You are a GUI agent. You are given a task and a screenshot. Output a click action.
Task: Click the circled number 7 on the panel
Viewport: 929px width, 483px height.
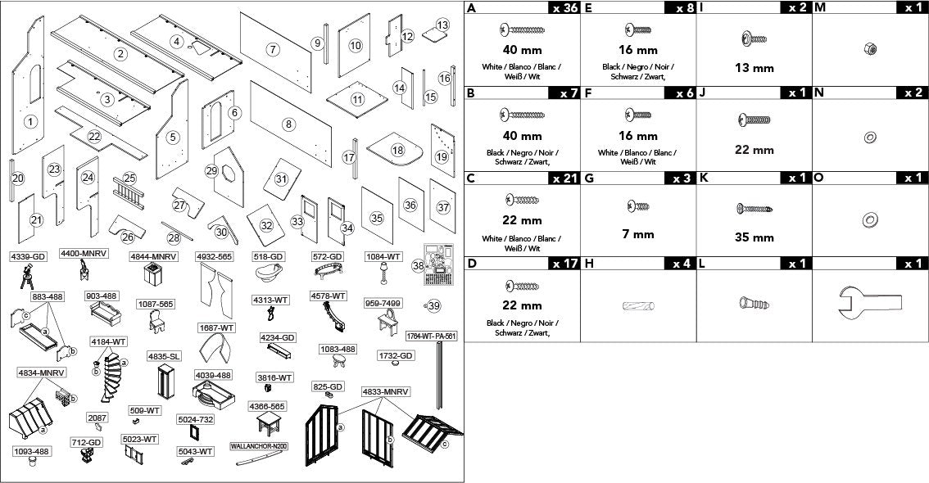[273, 50]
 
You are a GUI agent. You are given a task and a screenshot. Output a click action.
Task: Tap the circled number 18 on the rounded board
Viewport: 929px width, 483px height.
[397, 151]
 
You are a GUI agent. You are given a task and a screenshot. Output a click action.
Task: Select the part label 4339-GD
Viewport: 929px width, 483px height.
[28, 257]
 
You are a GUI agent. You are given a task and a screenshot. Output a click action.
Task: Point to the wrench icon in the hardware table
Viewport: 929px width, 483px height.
[869, 302]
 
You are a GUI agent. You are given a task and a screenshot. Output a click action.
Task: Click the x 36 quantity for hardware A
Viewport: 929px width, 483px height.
[563, 7]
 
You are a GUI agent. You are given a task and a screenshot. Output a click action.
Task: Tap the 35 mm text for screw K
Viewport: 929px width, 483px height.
[755, 237]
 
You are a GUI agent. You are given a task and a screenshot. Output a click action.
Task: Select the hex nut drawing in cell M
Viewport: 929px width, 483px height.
[870, 49]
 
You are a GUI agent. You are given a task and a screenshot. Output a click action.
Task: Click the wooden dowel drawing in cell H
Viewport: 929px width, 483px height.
[639, 306]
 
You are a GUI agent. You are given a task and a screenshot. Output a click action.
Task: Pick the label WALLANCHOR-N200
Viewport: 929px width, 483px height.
[259, 446]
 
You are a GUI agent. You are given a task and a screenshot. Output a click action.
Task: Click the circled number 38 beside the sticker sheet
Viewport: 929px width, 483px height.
[419, 266]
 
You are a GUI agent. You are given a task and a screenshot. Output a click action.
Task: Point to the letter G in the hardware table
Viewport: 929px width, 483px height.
[588, 178]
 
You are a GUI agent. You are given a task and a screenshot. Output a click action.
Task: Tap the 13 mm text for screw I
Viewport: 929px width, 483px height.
[755, 68]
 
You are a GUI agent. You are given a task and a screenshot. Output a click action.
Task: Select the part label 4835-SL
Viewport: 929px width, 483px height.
[164, 357]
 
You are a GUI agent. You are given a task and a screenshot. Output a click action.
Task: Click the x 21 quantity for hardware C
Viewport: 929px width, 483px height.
[563, 178]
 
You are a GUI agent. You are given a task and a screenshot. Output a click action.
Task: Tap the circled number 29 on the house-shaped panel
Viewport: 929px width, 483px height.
[212, 171]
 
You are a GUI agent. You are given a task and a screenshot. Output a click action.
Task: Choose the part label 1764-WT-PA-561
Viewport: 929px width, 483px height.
[431, 336]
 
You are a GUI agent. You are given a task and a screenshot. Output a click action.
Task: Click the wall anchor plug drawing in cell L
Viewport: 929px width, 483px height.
[754, 305]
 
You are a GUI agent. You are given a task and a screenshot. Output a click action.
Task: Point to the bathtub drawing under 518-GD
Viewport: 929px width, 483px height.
[269, 273]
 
